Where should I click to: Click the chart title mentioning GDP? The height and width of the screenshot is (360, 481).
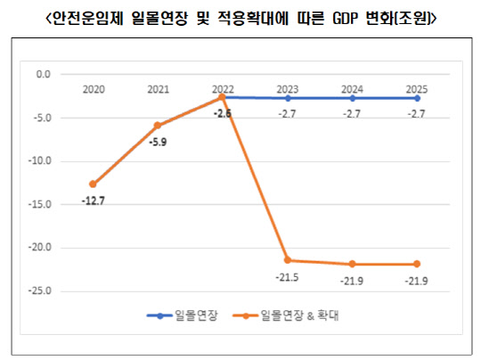tap(240, 17)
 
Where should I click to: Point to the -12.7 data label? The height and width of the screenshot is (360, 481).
tap(94, 200)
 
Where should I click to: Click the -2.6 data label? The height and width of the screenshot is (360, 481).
tap(223, 113)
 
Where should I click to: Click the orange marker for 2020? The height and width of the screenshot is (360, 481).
tap(93, 184)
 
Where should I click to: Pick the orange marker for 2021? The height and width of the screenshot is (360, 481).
tap(158, 126)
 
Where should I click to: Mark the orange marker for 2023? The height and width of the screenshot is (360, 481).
tap(288, 260)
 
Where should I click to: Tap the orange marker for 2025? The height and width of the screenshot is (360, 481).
tap(417, 264)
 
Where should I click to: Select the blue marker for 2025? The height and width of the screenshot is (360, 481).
tap(417, 98)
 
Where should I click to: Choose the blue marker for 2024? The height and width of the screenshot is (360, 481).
tap(352, 98)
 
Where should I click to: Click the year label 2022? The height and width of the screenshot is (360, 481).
tap(223, 89)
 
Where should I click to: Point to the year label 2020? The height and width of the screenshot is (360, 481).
tap(94, 89)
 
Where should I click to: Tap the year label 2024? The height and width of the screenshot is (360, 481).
tap(352, 89)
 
